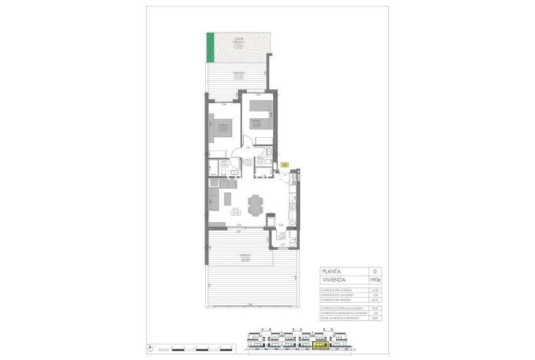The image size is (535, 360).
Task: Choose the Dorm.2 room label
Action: (256, 121)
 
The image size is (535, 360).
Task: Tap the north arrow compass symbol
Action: (150, 346)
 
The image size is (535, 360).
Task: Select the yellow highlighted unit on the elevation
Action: (321, 345)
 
